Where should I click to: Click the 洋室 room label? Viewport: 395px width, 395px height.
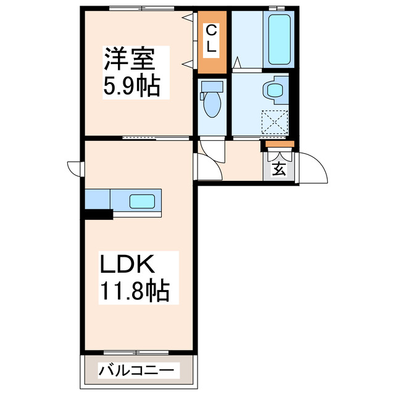coord(132,60)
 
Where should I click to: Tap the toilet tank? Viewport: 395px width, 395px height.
coord(211,86)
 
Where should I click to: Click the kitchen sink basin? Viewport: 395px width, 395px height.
coord(142,201)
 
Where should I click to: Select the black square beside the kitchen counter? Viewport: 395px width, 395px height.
coord(98,214)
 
